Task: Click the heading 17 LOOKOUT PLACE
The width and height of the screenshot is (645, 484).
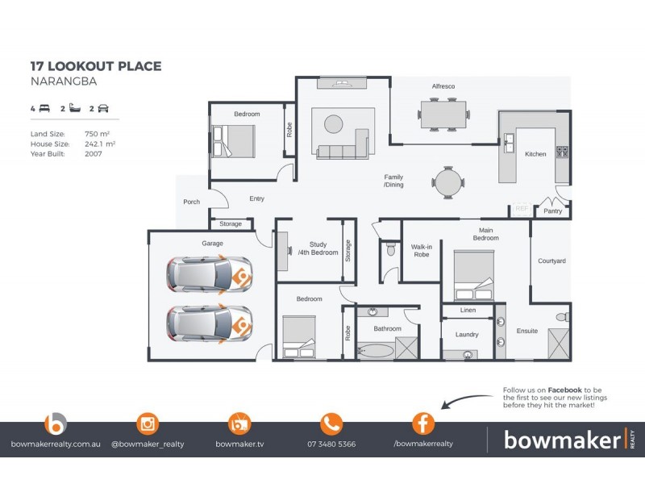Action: [95, 66]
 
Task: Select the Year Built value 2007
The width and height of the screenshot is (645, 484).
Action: [93, 152]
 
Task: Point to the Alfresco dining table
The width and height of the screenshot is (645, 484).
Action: [443, 114]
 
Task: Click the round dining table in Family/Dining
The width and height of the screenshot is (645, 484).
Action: [447, 181]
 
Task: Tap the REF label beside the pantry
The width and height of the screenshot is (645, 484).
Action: [521, 208]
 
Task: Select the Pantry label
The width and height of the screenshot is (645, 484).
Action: [553, 211]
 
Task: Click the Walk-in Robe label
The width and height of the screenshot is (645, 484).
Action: [422, 252]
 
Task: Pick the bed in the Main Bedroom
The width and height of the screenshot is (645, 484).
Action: [473, 274]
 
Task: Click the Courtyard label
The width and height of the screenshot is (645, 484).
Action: [551, 261]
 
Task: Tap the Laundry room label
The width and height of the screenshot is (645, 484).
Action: [467, 335]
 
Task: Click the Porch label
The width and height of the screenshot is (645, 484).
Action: [191, 202]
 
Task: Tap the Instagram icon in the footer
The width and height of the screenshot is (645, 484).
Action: [148, 423]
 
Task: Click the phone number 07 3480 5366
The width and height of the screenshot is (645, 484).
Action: [331, 444]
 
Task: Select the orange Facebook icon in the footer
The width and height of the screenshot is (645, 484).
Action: [423, 423]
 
